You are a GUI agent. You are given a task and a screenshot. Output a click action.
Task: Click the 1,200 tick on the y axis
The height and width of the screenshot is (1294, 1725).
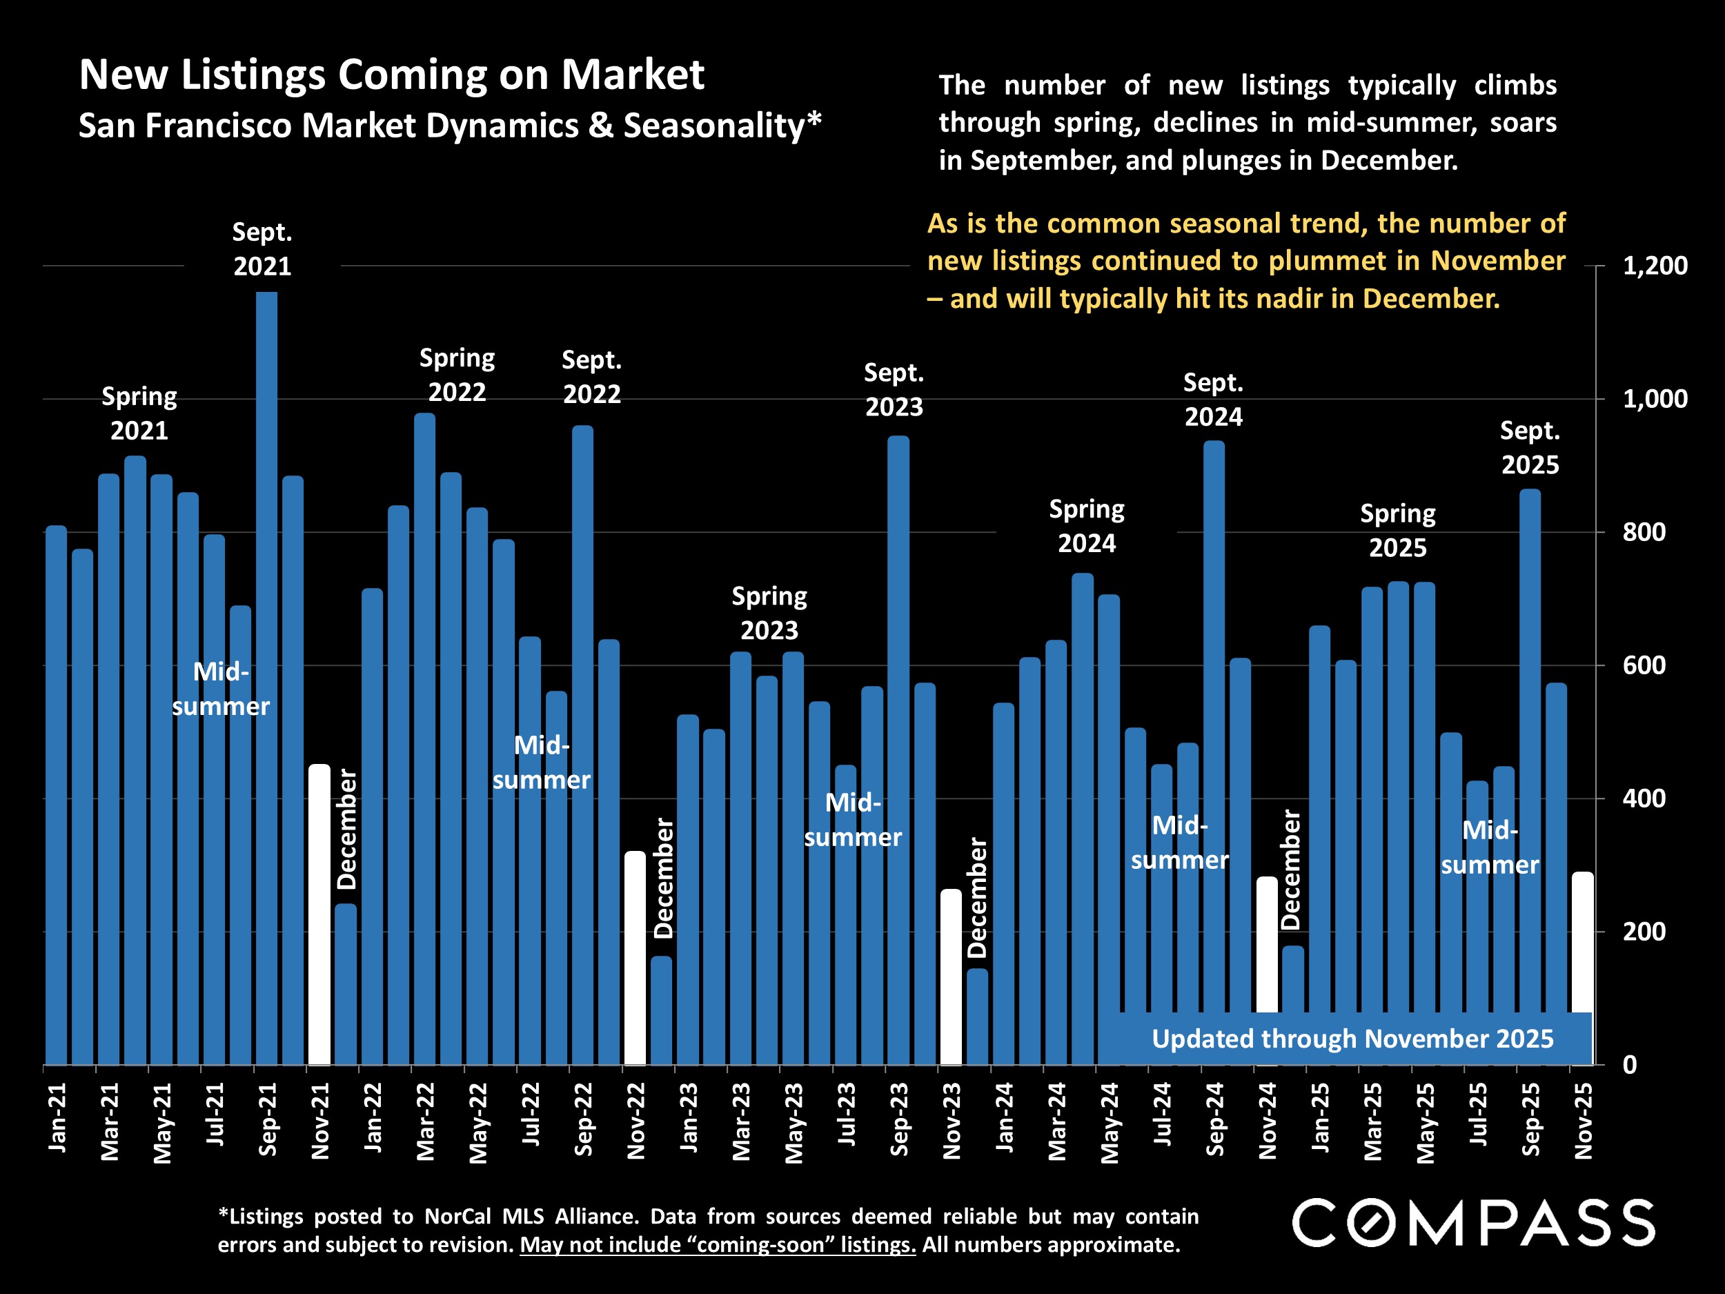pos(1643,266)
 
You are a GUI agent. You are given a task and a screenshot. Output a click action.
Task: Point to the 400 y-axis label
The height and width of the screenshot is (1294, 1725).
pos(1643,798)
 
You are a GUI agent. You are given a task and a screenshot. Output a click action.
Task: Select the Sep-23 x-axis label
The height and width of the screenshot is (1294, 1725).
pos(899,1119)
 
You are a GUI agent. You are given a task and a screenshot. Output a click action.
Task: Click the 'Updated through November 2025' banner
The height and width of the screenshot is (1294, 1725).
pos(1352,1039)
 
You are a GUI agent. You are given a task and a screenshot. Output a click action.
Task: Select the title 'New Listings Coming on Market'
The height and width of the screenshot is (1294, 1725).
pos(391,75)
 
